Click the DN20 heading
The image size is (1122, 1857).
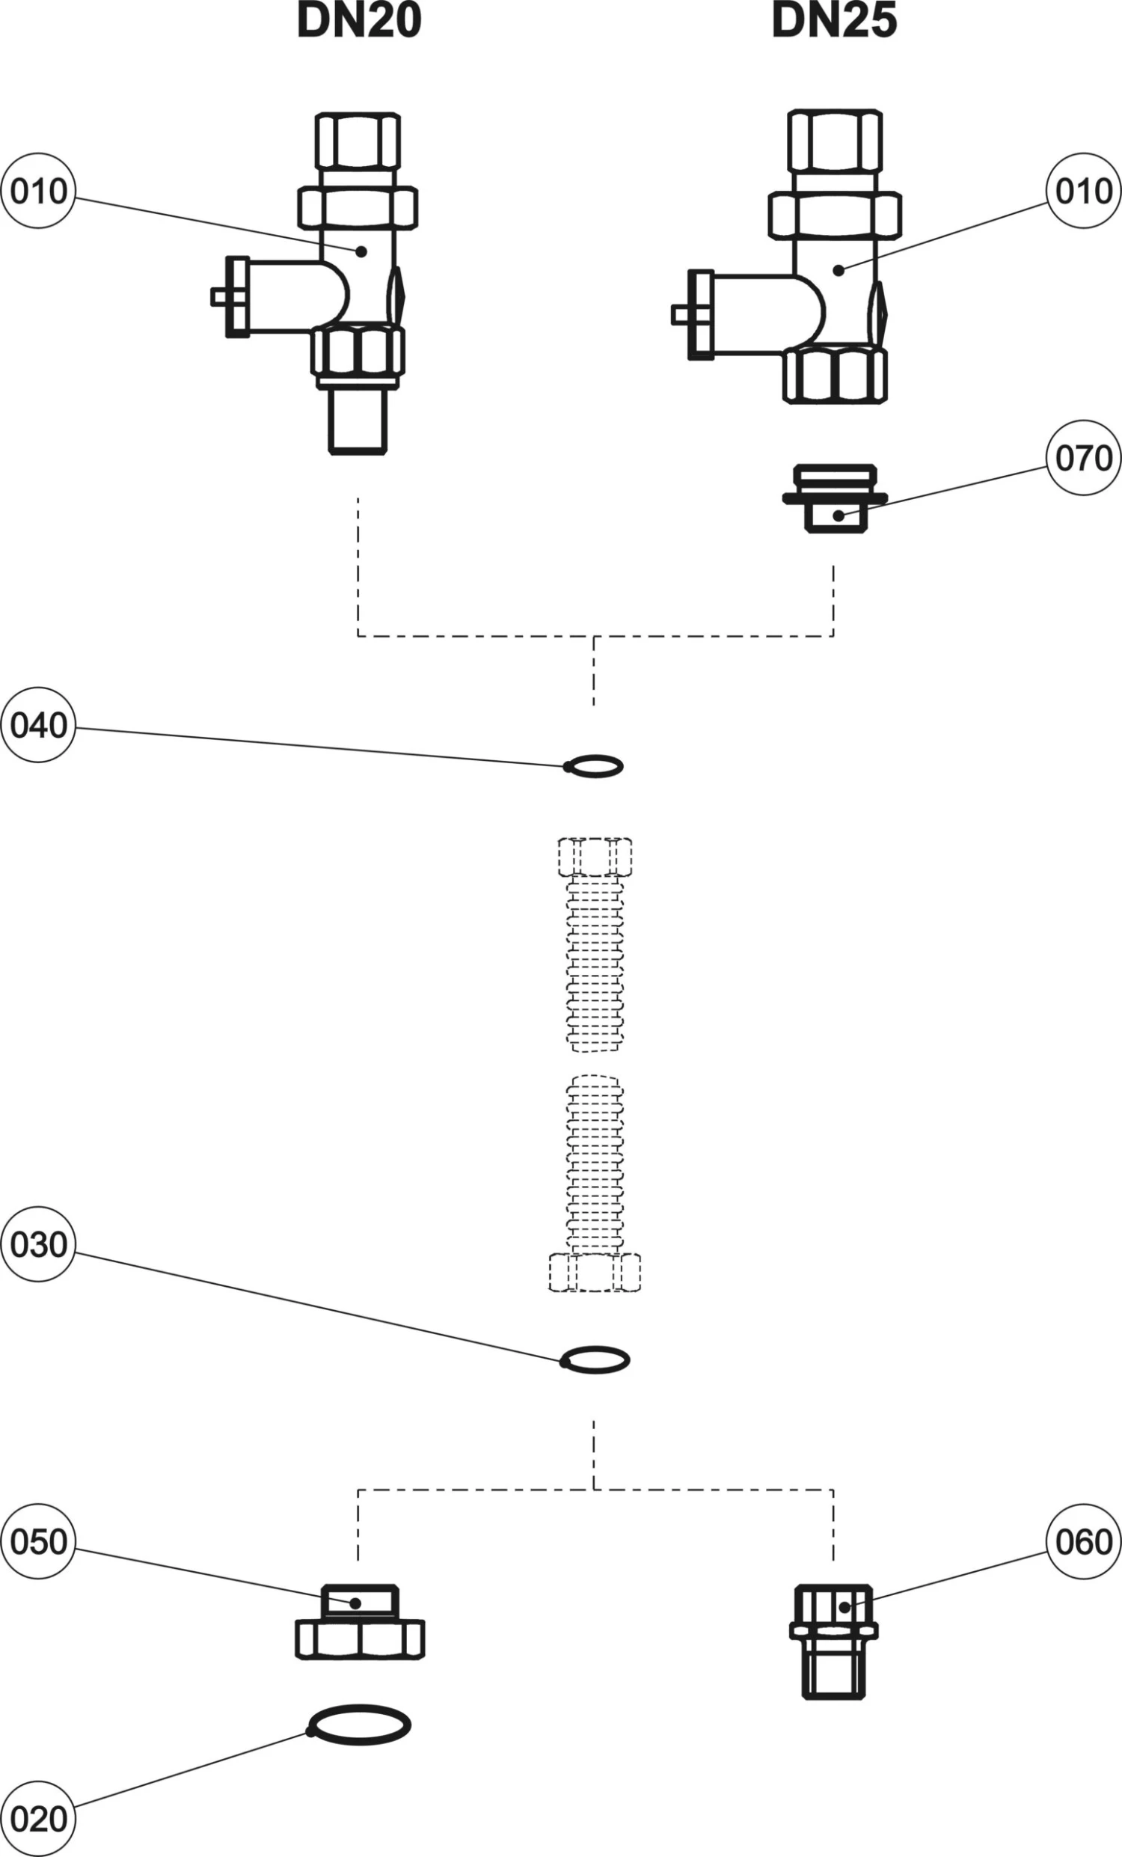pos(360,20)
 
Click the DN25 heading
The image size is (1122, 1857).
pos(834,20)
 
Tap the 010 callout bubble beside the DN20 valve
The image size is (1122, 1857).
pos(38,192)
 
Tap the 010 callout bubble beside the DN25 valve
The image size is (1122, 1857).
pos(1084,192)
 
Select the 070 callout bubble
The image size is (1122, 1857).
pos(1084,457)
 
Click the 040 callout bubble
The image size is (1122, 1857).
pos(38,725)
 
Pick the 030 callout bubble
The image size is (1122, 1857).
pos(38,1244)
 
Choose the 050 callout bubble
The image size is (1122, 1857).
pos(38,1542)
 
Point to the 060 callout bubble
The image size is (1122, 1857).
pos(1084,1542)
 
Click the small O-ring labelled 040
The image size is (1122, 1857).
pos(594,766)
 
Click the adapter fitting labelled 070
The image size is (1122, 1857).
pos(835,500)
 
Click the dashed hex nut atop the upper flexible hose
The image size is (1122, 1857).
pos(595,855)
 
